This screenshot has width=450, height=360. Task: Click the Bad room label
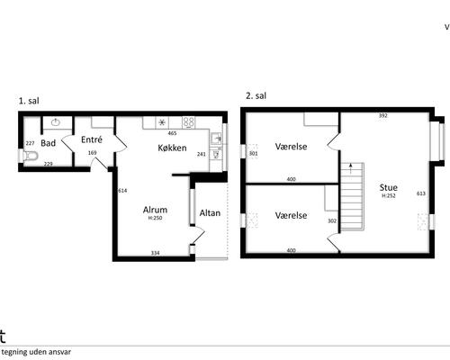49,143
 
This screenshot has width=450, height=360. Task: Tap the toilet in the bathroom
31,156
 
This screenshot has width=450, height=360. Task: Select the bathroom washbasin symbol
56,122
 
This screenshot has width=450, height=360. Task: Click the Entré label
92,139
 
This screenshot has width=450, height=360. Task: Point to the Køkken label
172,148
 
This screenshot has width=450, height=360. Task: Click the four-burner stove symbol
189,122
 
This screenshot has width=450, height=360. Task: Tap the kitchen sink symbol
216,139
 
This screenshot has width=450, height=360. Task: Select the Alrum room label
155,210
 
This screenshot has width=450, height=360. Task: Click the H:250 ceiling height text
155,218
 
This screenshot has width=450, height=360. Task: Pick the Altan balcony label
210,213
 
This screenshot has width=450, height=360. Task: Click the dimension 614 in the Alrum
122,191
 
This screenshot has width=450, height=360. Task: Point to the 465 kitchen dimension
172,133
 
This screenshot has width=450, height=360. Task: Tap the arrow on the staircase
350,168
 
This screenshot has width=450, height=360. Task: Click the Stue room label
389,187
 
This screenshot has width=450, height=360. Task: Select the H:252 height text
389,196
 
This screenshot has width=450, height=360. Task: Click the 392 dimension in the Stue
383,115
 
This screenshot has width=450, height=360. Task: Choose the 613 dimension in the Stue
421,193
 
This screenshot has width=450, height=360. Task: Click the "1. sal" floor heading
29,101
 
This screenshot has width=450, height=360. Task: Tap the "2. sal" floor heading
256,95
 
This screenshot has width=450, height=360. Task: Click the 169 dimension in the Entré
93,153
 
